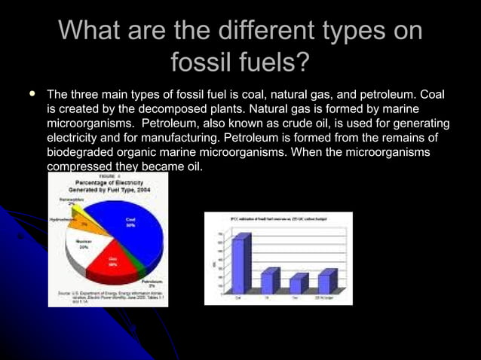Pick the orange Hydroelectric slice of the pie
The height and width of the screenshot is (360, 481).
(83, 223)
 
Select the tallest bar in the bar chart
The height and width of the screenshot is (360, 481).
(240, 264)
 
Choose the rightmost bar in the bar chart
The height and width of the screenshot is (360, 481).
(326, 281)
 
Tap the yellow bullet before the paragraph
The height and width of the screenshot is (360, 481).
(32, 96)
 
